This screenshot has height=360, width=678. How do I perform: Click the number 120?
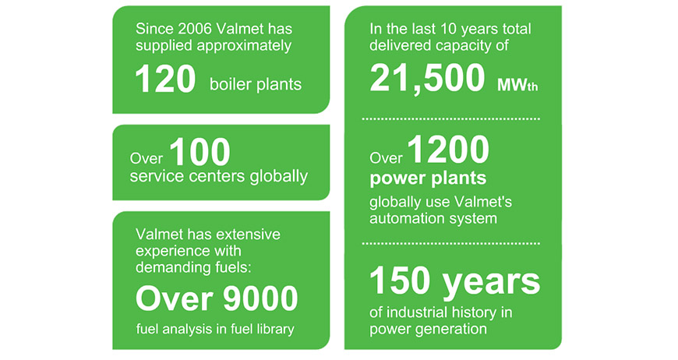[165, 79]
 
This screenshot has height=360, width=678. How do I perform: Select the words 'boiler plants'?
[256, 84]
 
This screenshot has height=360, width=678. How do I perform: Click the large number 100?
[200, 152]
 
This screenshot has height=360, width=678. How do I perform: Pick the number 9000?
[261, 298]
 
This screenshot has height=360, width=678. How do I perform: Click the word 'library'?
[274, 329]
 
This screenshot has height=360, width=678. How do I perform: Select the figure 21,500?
[427, 78]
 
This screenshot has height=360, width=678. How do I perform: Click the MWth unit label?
[517, 85]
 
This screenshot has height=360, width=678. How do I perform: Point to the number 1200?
[448, 150]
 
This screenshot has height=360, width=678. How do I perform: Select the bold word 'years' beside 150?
[492, 283]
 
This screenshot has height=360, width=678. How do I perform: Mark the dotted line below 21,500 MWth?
[451, 118]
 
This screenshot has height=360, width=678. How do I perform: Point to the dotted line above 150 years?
[451, 243]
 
